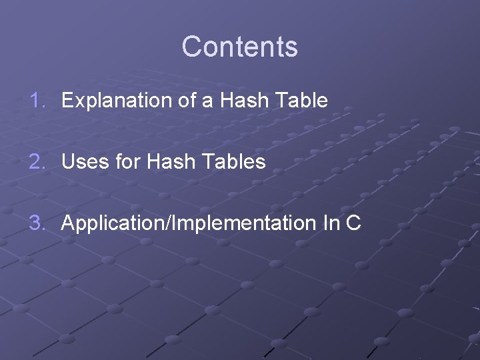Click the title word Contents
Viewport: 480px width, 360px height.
(x=239, y=47)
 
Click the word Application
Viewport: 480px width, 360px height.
(x=113, y=223)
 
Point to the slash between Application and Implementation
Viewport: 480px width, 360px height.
(x=167, y=223)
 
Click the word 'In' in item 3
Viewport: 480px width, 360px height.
(x=331, y=223)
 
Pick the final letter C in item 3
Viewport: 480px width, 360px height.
(x=354, y=223)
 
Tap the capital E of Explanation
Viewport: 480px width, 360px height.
(x=67, y=101)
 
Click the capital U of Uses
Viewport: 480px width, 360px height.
(x=67, y=161)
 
